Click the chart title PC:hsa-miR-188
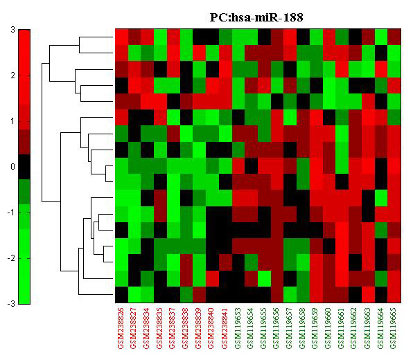pos(256,17)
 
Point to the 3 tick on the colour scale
pos(13,30)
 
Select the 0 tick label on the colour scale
pos(13,167)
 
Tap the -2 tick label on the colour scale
pos(11,258)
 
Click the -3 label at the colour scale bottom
pos(11,304)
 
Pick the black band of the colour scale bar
pos(24,167)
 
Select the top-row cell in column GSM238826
pos(121,37)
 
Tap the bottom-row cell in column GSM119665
pos(394,295)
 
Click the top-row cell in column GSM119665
pos(394,37)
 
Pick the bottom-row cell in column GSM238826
pos(121,295)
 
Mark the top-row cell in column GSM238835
pos(161,37)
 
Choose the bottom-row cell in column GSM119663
pos(368,295)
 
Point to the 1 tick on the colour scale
pos(13,121)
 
